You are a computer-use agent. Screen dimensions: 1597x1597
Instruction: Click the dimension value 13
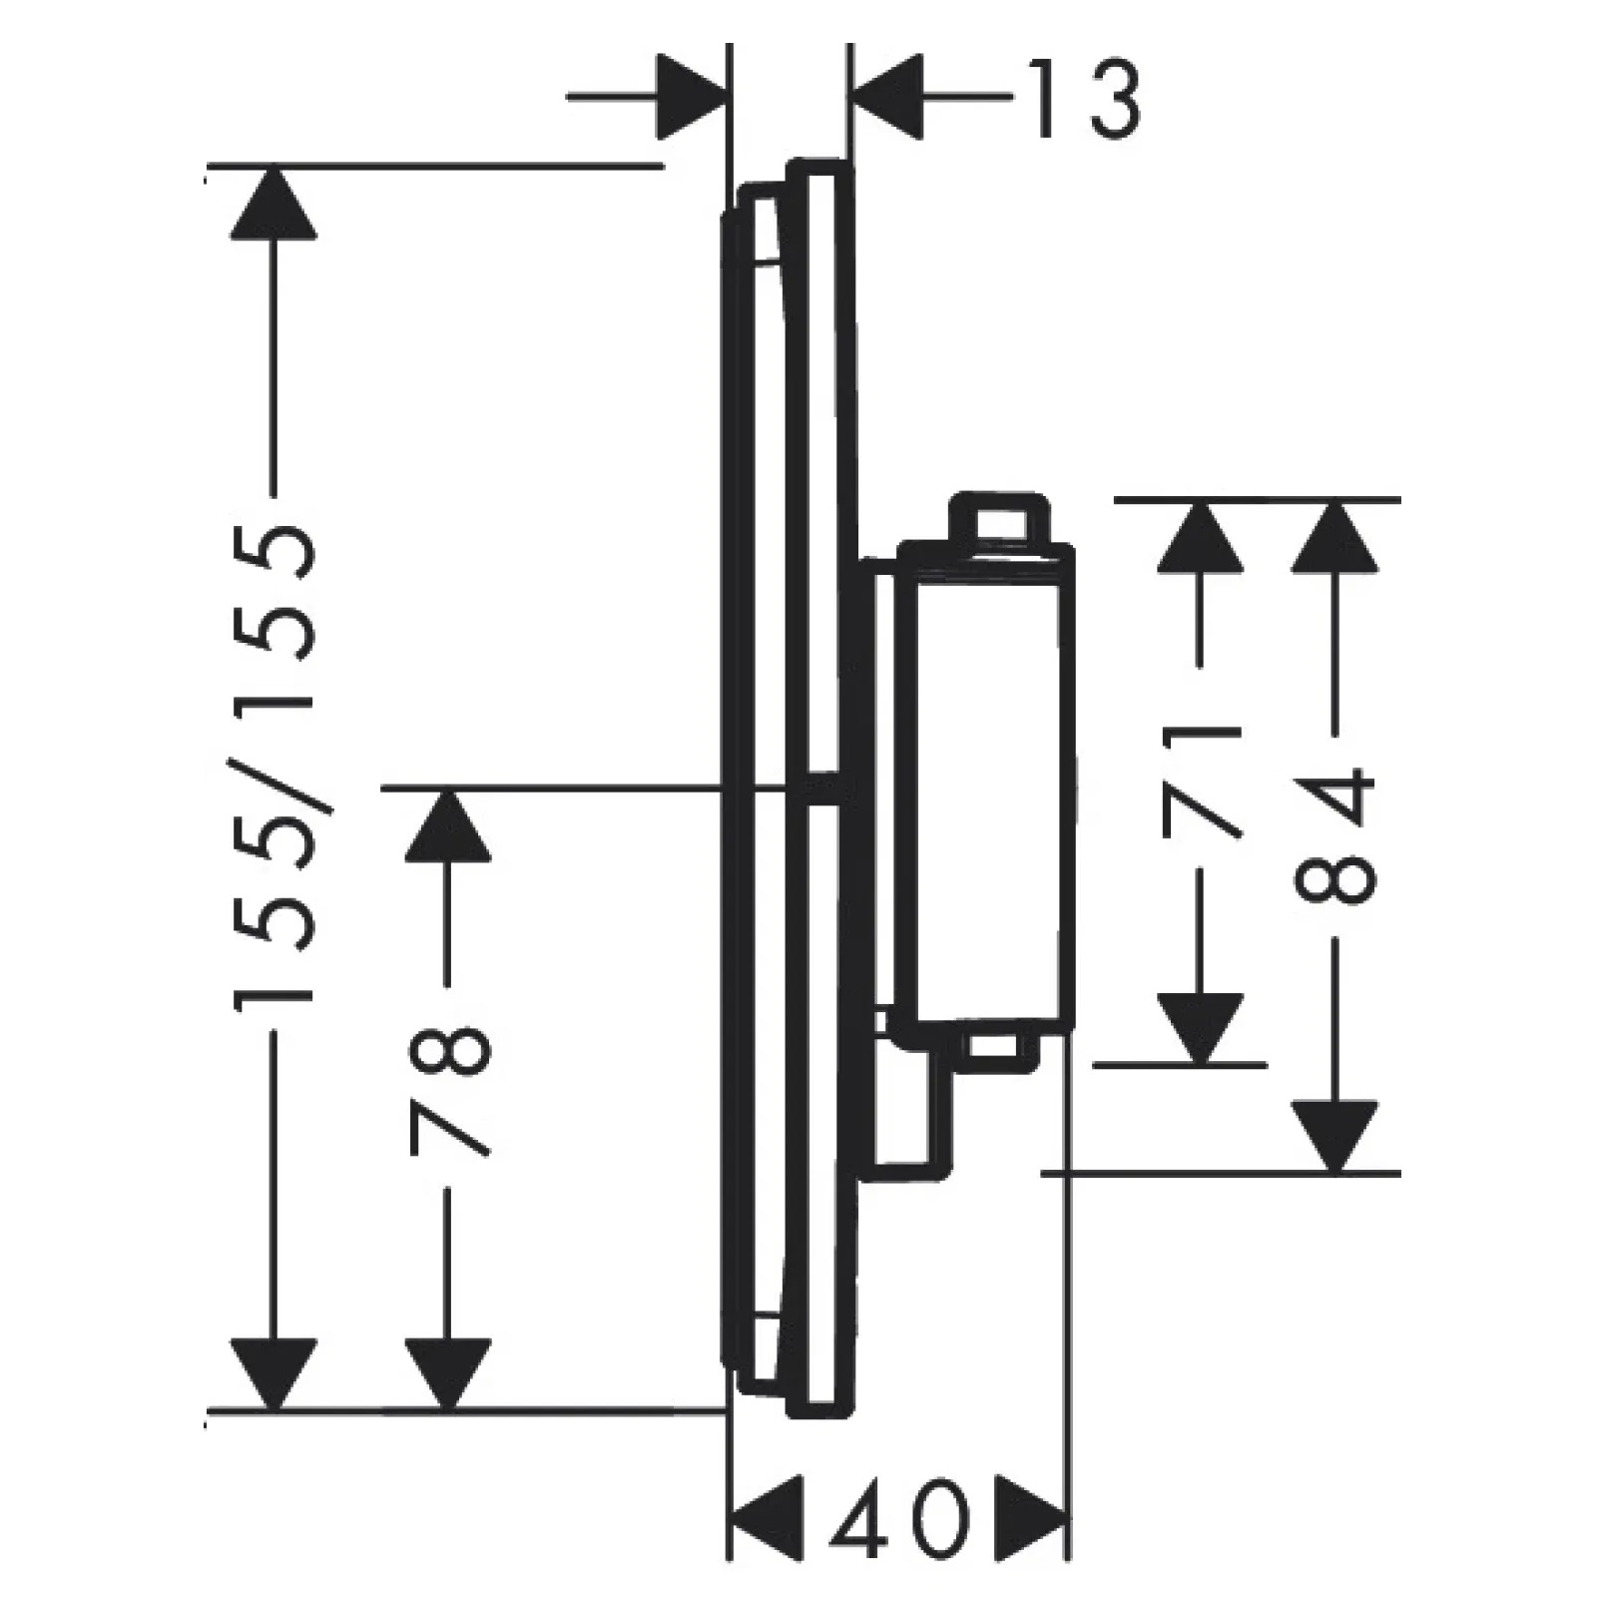1084,99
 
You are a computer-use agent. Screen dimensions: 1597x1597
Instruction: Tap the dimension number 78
449,1091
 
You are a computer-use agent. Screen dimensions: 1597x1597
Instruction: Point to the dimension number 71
1202,780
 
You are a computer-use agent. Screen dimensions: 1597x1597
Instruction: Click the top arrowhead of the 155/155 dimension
273,204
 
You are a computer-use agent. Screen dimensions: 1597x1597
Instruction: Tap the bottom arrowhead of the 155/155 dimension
273,1374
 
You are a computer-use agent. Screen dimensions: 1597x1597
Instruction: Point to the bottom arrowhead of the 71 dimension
1201,1029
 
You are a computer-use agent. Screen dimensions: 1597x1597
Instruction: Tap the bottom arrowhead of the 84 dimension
1335,1137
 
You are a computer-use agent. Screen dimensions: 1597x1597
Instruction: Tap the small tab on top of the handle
998,518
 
